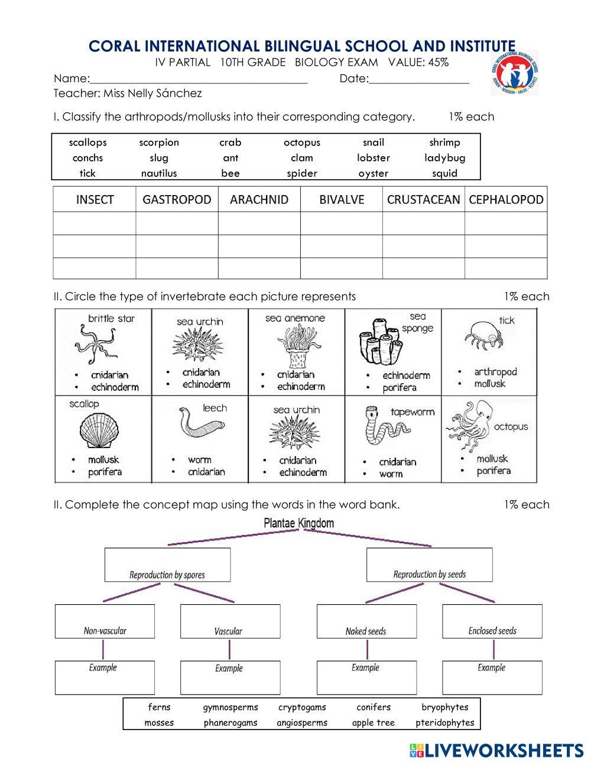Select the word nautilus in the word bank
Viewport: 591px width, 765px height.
point(159,173)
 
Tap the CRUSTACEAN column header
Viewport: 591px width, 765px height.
point(423,200)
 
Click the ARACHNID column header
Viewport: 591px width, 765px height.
point(259,200)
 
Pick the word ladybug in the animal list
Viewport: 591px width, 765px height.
point(444,158)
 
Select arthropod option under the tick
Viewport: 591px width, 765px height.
point(495,372)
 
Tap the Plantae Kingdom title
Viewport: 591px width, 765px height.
point(299,523)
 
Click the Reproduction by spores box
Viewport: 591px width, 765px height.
point(167,565)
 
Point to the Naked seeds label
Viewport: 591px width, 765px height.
point(366,631)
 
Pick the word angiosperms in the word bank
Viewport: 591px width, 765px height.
point(301,722)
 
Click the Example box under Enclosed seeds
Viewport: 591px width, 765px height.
point(492,678)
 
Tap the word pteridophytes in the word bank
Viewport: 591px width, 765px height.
point(445,722)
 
